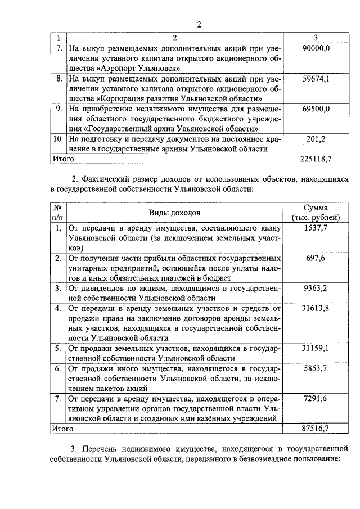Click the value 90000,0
[316, 49]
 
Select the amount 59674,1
[316, 79]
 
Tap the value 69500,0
[316, 109]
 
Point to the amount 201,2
[316, 138]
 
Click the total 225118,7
[316, 159]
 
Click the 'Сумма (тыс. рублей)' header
[316, 213]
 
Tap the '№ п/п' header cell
[57, 213]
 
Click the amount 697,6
[316, 258]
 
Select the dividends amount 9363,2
[316, 288]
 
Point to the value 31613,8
[316, 308]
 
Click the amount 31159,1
[316, 348]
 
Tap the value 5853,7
[316, 368]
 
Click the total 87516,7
[316, 429]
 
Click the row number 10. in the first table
[57, 138]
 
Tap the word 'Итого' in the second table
[64, 429]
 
